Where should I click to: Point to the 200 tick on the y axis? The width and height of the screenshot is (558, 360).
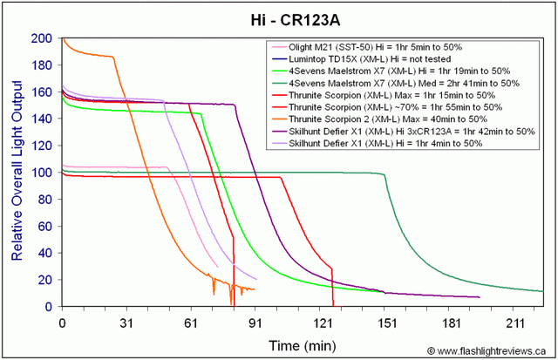coord(41,38)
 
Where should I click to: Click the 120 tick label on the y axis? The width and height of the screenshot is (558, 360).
coord(41,146)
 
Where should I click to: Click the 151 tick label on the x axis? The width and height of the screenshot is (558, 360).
coord(385,321)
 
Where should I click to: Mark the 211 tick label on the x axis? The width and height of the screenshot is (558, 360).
coord(514,321)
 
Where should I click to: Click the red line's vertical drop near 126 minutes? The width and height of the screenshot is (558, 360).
coord(332,288)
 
